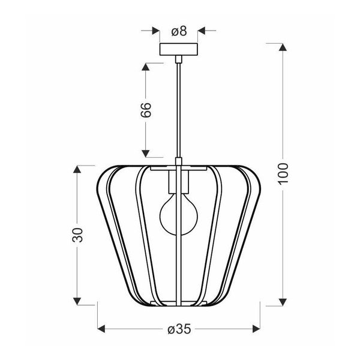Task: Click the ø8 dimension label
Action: click(x=178, y=30)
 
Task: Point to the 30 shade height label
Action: click(x=77, y=235)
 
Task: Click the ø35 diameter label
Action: click(x=178, y=329)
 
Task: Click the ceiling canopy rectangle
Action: click(x=178, y=49)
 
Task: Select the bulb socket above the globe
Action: click(x=178, y=181)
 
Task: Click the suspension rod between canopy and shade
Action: click(x=178, y=108)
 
